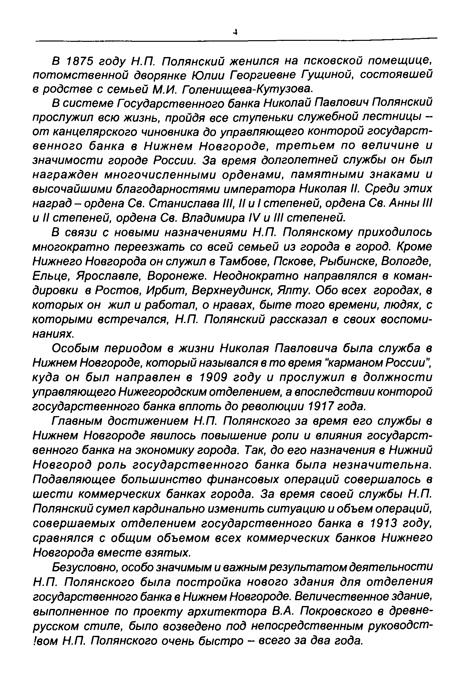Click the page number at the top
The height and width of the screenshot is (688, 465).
(235, 32)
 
